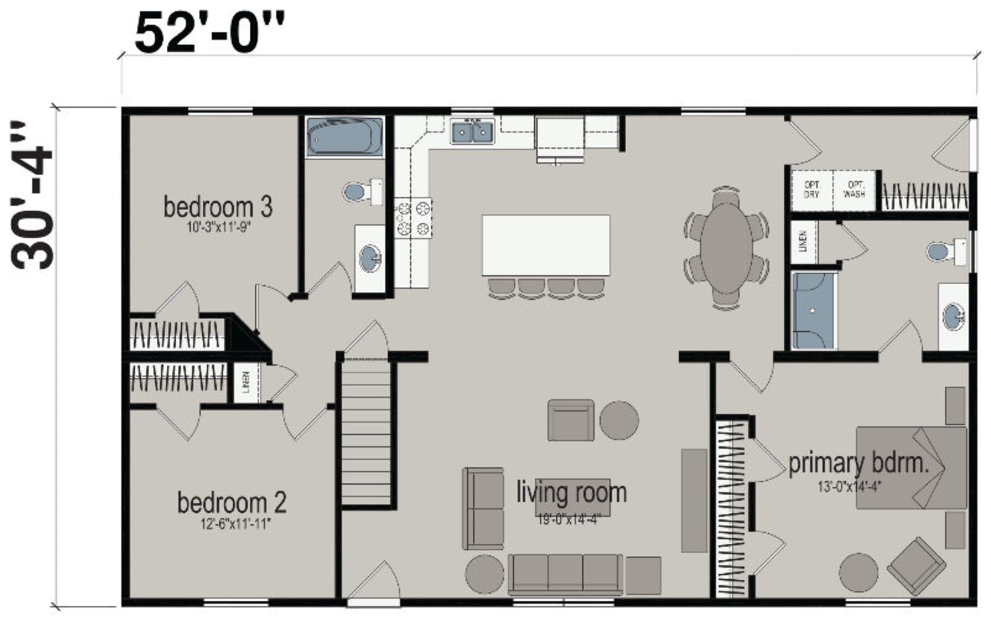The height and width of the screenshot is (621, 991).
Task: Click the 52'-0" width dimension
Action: coord(210,33)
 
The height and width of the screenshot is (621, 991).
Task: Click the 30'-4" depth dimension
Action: coord(32,195)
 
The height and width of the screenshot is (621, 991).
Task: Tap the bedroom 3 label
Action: coord(218,207)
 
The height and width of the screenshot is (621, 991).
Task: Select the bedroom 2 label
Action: coord(232,503)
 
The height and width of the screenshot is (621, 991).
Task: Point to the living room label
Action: coord(571,493)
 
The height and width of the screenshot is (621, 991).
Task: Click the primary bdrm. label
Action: coord(859,464)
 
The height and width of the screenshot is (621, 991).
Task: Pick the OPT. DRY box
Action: coord(812,190)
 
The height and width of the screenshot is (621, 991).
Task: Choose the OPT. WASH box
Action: coord(854,190)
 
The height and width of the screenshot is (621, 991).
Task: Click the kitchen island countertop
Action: coord(546,245)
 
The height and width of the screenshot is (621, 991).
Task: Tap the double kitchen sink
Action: coord(472,131)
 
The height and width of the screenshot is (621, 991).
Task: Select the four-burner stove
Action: coord(413,218)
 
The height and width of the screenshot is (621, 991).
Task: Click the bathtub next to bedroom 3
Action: coord(345,137)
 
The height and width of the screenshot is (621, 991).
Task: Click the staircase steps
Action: coord(366,432)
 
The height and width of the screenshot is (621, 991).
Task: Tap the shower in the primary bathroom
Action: coord(813,310)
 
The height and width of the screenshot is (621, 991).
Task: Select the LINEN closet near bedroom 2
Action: coord(247,383)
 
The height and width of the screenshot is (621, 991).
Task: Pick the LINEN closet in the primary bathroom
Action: coord(804,242)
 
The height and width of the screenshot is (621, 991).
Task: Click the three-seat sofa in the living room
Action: coord(565,574)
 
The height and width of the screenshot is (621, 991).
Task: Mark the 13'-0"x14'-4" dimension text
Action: coord(850,487)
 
